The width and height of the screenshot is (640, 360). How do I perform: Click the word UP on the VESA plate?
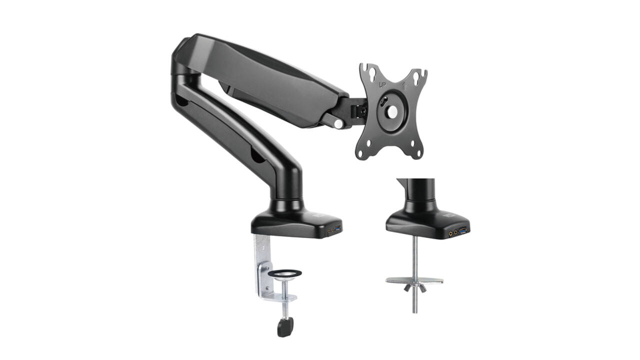(x=382, y=85)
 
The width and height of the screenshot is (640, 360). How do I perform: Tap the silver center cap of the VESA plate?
(x=392, y=111)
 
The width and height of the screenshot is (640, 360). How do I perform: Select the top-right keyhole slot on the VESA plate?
(x=417, y=77)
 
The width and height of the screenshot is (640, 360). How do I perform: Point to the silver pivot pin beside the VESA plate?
(x=338, y=124)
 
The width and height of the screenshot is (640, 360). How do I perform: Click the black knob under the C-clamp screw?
(x=285, y=327)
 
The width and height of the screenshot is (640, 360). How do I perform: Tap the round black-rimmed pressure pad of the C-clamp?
(x=284, y=273)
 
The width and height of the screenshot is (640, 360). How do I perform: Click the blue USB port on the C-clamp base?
(x=338, y=228)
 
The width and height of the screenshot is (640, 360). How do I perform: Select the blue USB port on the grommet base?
(x=462, y=230)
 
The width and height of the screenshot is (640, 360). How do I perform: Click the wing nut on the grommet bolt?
(x=415, y=287)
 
